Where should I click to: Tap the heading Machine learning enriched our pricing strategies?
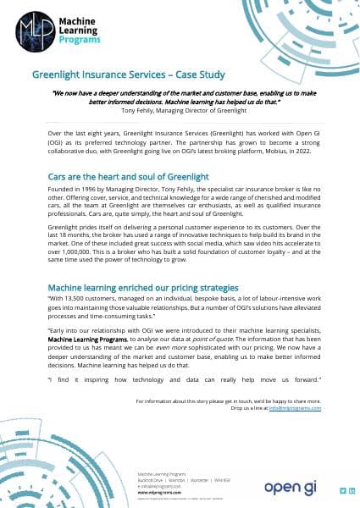[x=143, y=288]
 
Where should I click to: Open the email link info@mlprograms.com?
[x=295, y=407]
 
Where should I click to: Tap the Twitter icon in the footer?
[x=342, y=490]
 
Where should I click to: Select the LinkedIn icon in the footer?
[x=352, y=490]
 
